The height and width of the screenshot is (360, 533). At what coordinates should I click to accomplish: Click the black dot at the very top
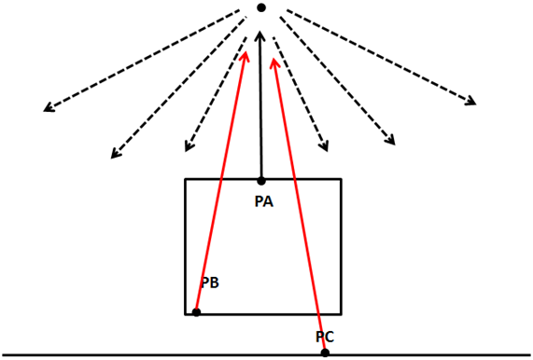pyautogui.click(x=261, y=7)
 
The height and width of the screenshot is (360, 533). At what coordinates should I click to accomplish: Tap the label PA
pyautogui.click(x=264, y=201)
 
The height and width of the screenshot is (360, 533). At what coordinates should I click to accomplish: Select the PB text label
pyautogui.click(x=210, y=283)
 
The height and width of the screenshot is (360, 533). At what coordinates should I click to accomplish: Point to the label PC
pyautogui.click(x=325, y=337)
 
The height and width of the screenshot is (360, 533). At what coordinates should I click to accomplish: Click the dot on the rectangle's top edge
pyautogui.click(x=261, y=181)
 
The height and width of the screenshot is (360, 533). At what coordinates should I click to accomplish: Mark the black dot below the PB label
pyautogui.click(x=196, y=312)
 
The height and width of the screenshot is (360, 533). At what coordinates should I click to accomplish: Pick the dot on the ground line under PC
pyautogui.click(x=325, y=353)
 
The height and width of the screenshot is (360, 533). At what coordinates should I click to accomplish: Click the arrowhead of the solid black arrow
pyautogui.click(x=260, y=33)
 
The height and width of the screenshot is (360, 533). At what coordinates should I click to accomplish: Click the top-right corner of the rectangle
pyautogui.click(x=341, y=179)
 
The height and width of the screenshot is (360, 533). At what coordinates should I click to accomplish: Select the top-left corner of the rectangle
pyautogui.click(x=185, y=179)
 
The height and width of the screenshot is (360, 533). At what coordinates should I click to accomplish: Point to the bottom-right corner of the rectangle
pyautogui.click(x=341, y=314)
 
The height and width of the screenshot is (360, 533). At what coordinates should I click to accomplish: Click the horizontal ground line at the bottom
pyautogui.click(x=267, y=355)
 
